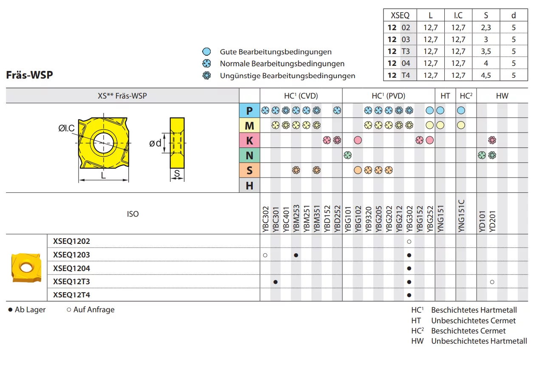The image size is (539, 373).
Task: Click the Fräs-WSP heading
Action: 29,75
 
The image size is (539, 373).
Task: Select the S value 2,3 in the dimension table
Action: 486,28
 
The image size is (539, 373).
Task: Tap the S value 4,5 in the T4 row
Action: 486,75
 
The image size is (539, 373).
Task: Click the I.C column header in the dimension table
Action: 458,15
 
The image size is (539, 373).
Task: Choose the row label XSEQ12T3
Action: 71,281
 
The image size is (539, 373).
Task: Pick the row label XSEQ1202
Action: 71,241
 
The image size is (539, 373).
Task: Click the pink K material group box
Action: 249,140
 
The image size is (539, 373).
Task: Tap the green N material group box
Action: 249,155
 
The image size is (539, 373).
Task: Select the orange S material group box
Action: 249,170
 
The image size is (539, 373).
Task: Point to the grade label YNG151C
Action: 461,216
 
